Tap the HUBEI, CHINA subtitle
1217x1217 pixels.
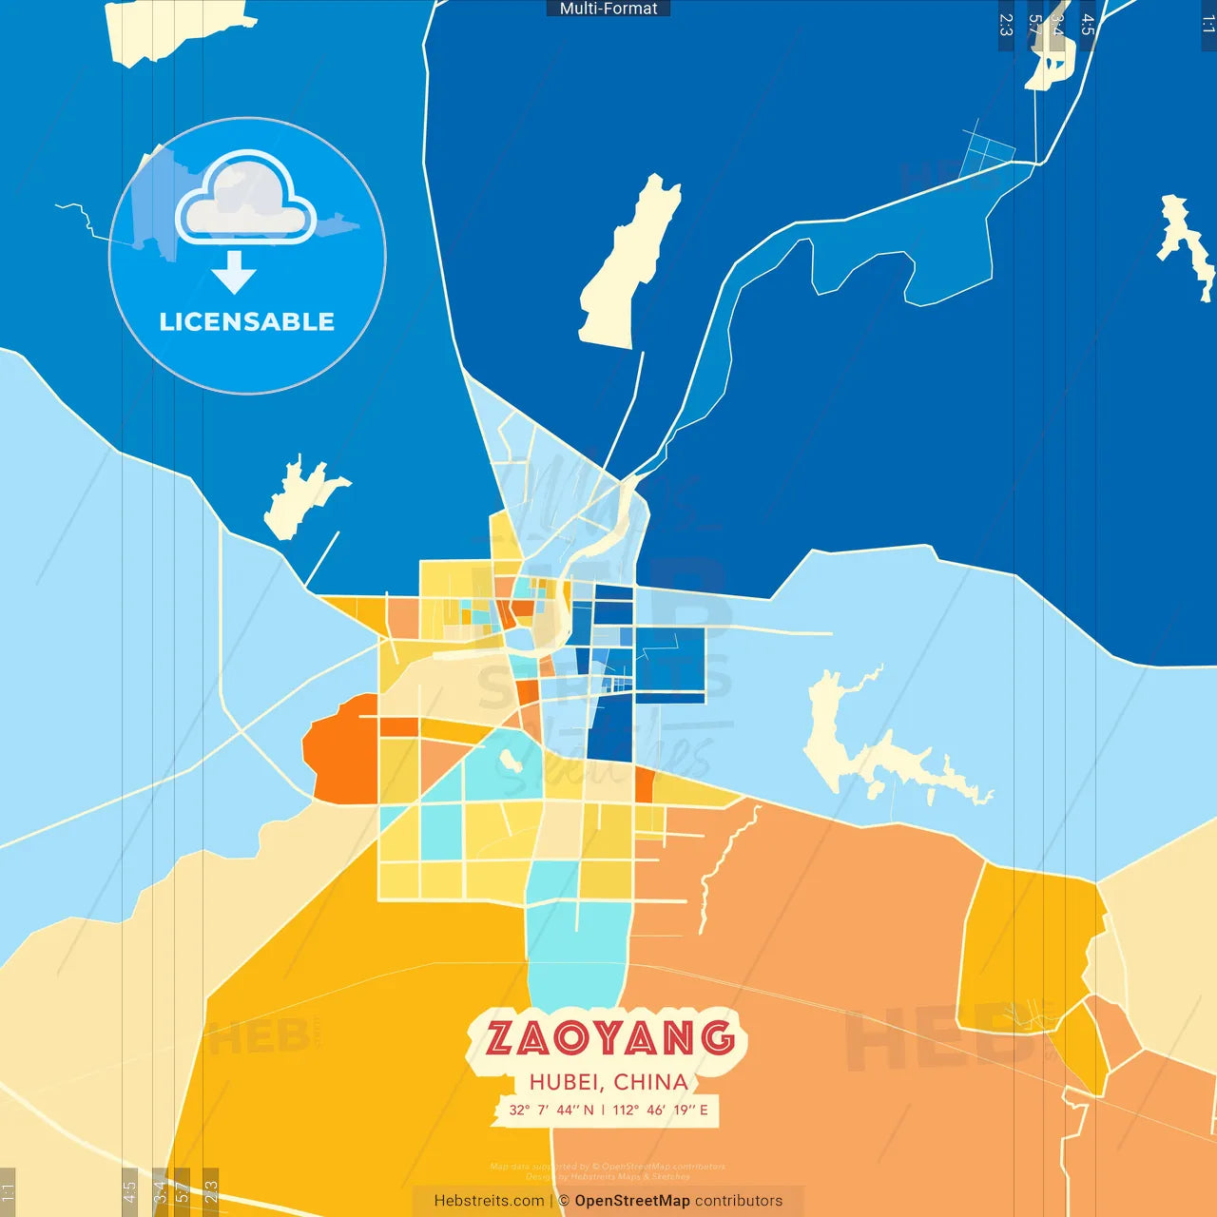click(x=608, y=1082)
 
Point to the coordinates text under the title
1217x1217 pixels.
click(x=608, y=1110)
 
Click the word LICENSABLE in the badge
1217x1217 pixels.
click(x=247, y=321)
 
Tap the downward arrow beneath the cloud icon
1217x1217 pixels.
click(x=234, y=273)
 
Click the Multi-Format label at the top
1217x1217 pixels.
click(x=608, y=9)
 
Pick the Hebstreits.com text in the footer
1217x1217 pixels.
click(x=489, y=1201)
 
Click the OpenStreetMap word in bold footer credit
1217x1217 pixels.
click(x=631, y=1201)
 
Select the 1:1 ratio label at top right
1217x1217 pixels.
click(x=1207, y=25)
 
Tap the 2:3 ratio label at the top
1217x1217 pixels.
click(x=1006, y=25)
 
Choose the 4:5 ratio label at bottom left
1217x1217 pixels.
click(x=130, y=1191)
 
